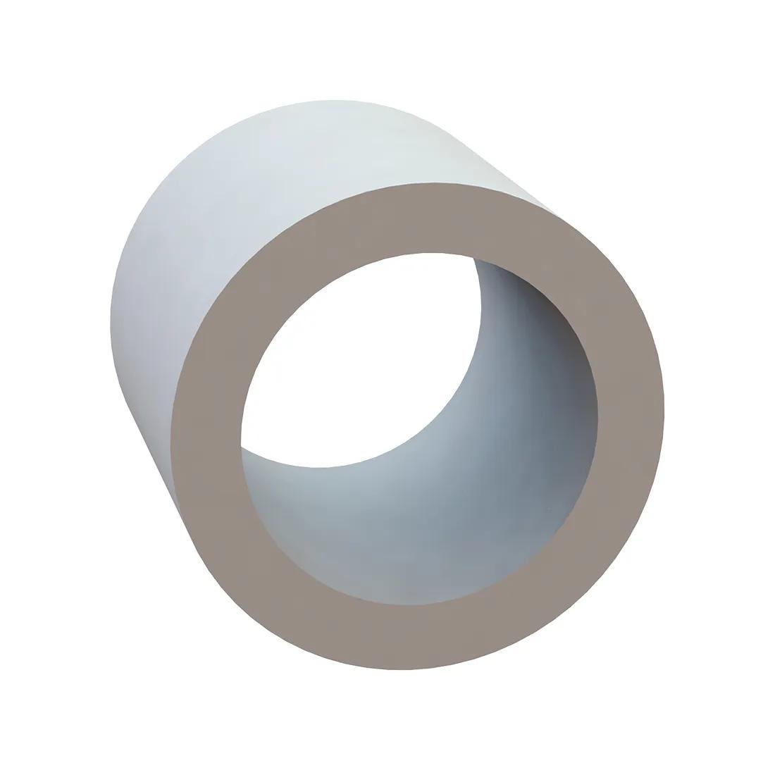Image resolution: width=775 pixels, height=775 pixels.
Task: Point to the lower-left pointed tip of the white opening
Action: pos(242,446)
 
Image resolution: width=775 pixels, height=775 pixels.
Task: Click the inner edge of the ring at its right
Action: pos(597,416)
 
